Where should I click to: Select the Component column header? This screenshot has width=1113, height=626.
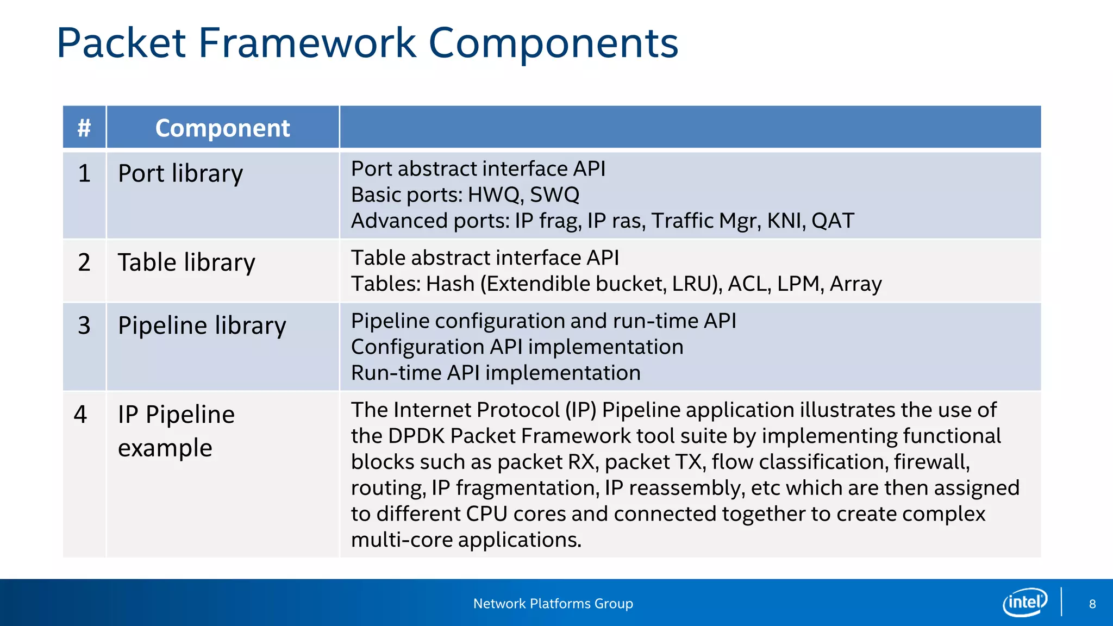click(x=222, y=128)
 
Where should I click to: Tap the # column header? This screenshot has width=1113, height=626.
click(x=84, y=128)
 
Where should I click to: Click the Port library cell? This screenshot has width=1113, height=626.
click(x=180, y=174)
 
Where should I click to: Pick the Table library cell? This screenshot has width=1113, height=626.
click(x=186, y=262)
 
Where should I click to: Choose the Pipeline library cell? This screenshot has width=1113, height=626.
click(x=202, y=325)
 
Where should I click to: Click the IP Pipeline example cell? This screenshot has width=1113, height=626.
click(x=176, y=430)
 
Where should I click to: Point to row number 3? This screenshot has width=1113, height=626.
click(x=84, y=325)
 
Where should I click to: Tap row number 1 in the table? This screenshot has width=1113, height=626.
click(x=84, y=174)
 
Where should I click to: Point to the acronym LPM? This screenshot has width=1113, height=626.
click(x=798, y=284)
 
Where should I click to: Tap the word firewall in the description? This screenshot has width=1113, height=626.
click(x=931, y=462)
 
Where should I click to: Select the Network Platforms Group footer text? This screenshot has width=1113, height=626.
click(x=553, y=604)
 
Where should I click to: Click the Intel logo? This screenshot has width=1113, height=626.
click(x=1024, y=602)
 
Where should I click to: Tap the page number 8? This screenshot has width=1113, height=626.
click(x=1092, y=604)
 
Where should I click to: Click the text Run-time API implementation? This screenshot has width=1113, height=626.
click(x=496, y=373)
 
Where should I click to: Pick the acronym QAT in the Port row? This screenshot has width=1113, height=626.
click(x=833, y=221)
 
